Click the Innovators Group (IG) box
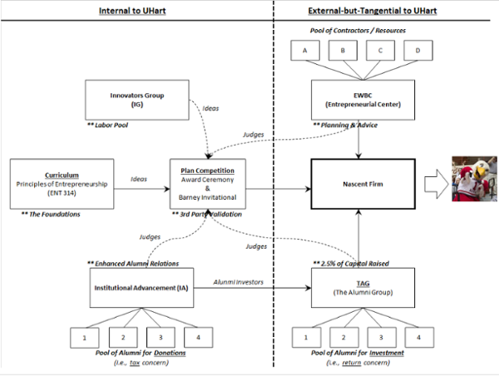pyautogui.click(x=137, y=100)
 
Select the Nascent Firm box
pyautogui.click(x=363, y=184)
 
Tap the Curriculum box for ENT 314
pyautogui.click(x=62, y=184)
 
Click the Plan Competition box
pyautogui.click(x=208, y=184)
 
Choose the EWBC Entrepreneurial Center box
pyautogui.click(x=363, y=100)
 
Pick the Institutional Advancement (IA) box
pyautogui.click(x=141, y=288)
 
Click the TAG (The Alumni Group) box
pyautogui.click(x=363, y=288)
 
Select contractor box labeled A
pyautogui.click(x=305, y=50)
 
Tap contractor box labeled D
pyautogui.click(x=418, y=50)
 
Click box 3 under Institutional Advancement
pyautogui.click(x=161, y=338)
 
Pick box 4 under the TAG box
pyautogui.click(x=419, y=338)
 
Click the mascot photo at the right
pyautogui.click(x=475, y=179)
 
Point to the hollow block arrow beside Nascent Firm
pyautogui.click(x=437, y=185)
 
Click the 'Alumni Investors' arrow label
pyautogui.click(x=239, y=282)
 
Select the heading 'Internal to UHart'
pyautogui.click(x=132, y=11)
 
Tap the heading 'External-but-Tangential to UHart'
pyautogui.click(x=373, y=11)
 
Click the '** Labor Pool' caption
pyautogui.click(x=107, y=125)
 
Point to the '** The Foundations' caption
pyautogui.click(x=51, y=215)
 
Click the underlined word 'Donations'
pyautogui.click(x=170, y=353)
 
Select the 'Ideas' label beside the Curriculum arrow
pyautogui.click(x=139, y=179)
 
